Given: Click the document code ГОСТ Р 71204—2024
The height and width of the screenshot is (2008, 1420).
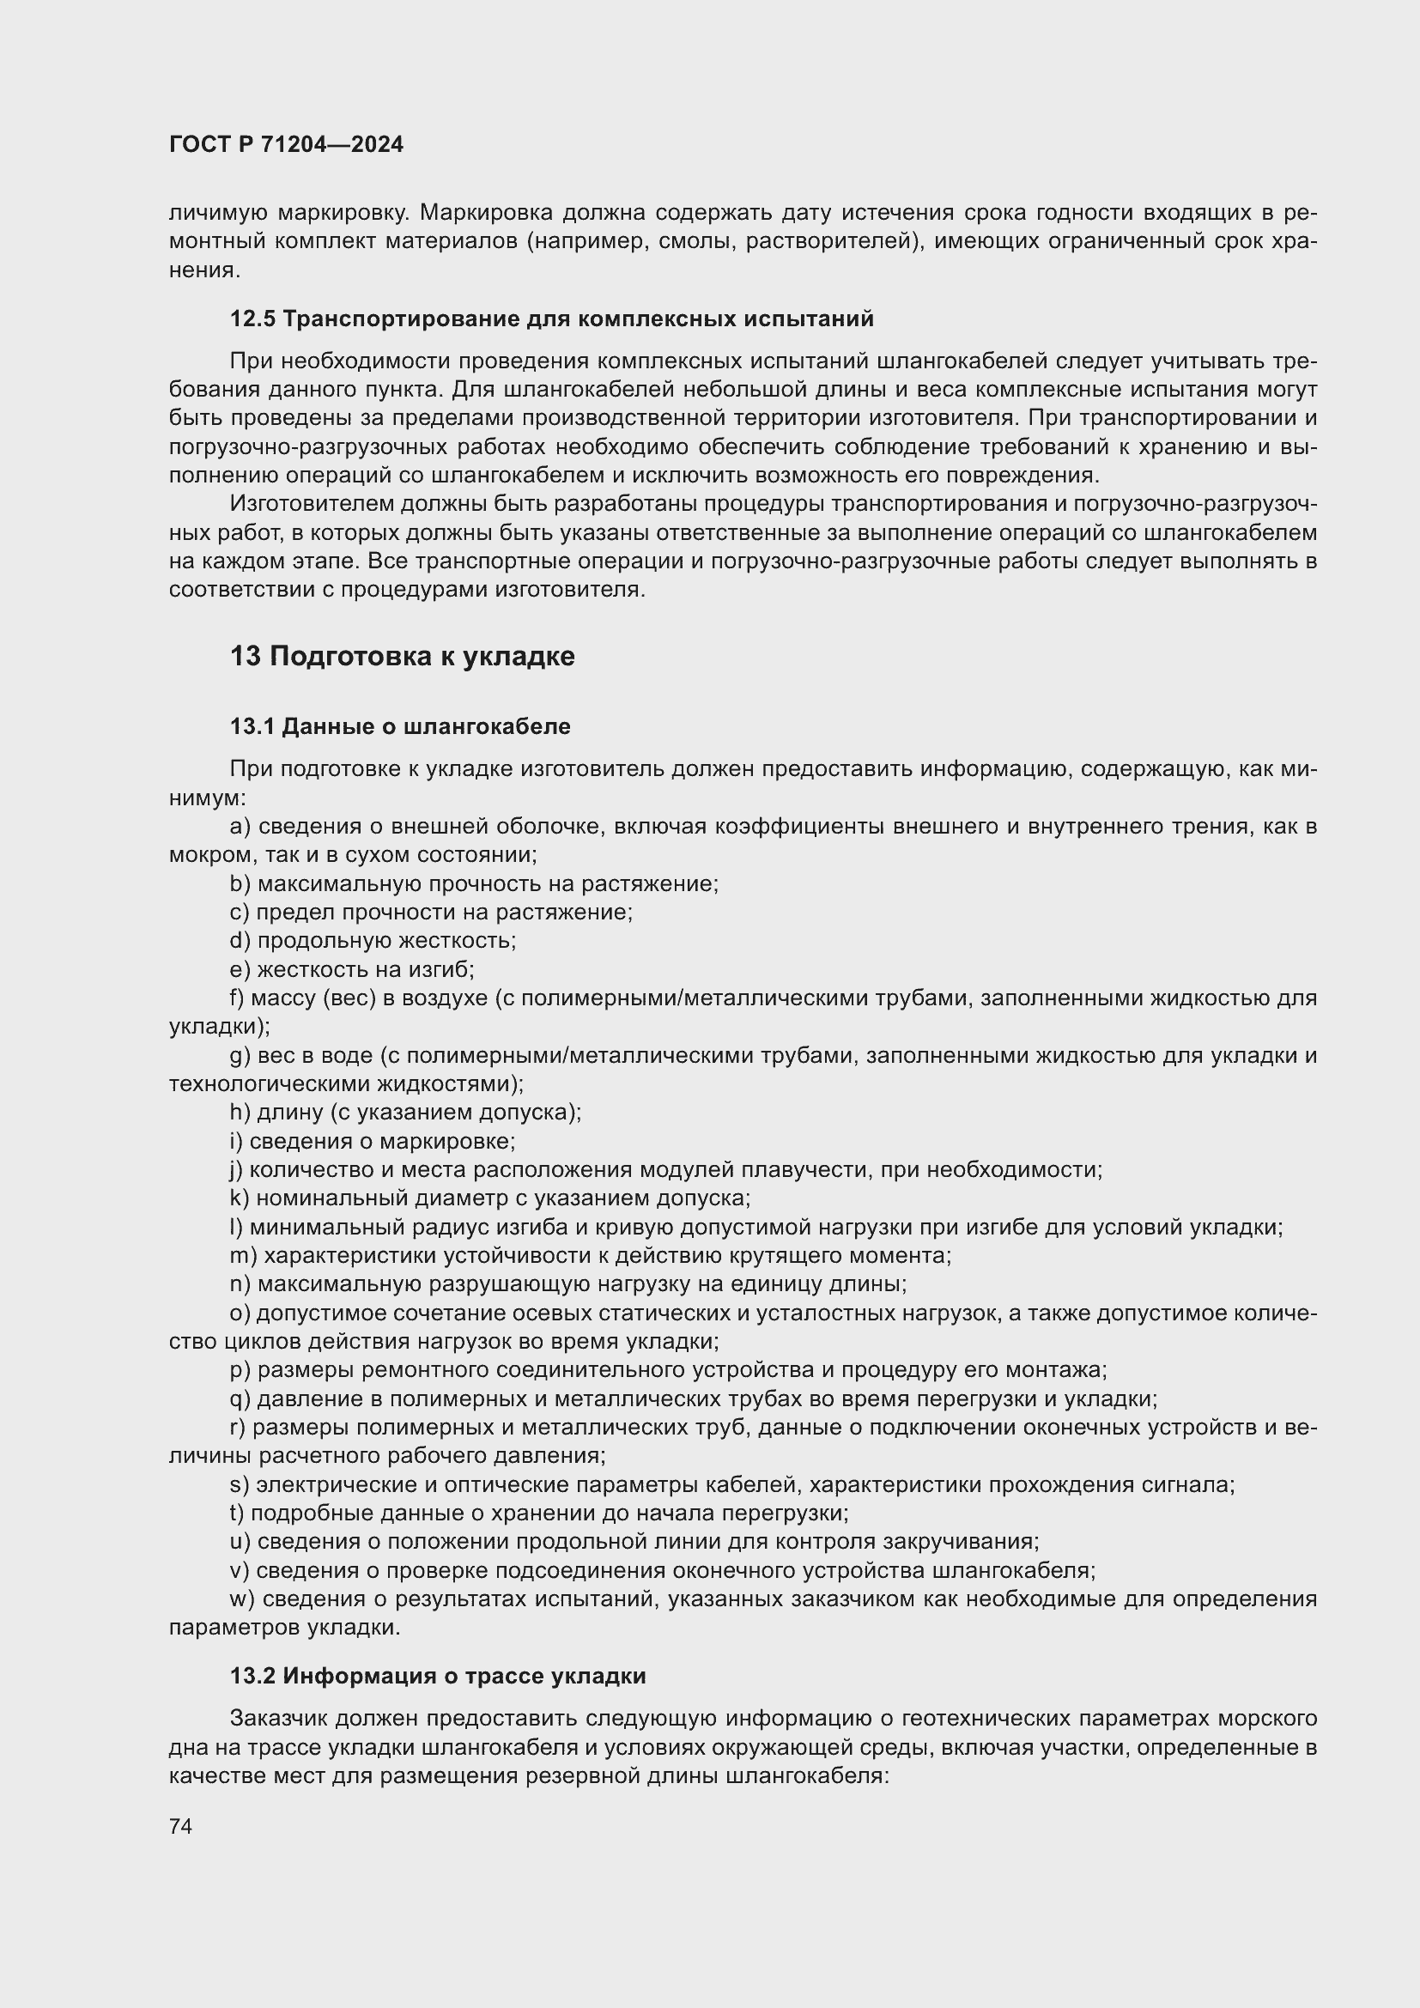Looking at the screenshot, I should [286, 144].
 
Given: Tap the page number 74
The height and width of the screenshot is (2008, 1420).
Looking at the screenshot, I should [181, 1826].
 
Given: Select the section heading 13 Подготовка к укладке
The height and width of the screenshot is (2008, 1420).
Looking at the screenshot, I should [402, 656].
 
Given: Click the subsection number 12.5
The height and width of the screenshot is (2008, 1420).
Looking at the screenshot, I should [252, 318].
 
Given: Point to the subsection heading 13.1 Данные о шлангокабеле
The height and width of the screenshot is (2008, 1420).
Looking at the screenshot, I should [399, 726].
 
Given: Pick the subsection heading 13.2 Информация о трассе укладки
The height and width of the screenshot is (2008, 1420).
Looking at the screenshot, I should [437, 1676].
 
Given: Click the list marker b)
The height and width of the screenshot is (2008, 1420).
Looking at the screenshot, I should [240, 883].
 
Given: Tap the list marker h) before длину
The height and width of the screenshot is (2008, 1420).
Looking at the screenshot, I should [240, 1113].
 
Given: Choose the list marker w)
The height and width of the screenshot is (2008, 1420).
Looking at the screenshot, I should [242, 1599].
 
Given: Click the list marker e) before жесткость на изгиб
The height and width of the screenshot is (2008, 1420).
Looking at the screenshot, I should [240, 969].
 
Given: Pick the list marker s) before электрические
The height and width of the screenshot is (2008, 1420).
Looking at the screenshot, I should [239, 1484].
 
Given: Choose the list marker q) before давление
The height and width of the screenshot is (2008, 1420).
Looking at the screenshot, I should [240, 1398].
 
